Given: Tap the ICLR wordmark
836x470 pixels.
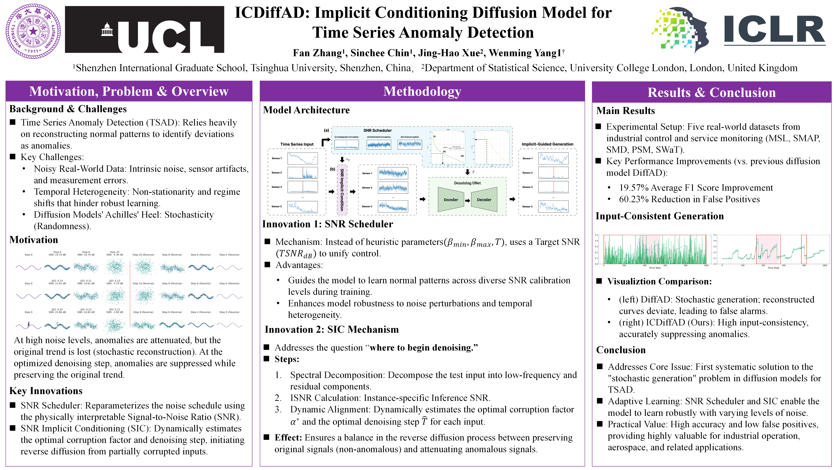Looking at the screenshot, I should point(774,30).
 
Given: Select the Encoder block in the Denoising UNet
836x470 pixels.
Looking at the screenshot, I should point(451,200).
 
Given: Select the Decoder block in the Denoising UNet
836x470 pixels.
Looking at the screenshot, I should point(484,200).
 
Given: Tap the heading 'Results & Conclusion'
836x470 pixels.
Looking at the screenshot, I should point(711,92).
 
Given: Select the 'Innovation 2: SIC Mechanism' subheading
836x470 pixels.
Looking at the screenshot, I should point(332,329).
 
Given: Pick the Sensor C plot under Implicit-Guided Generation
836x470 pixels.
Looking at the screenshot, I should point(553,207).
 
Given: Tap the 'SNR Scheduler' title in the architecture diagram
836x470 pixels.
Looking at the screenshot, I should point(378,130).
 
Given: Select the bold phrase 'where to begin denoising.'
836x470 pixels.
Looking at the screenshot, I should point(424,348).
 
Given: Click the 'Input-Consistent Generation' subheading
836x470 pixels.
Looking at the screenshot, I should point(659,216).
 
